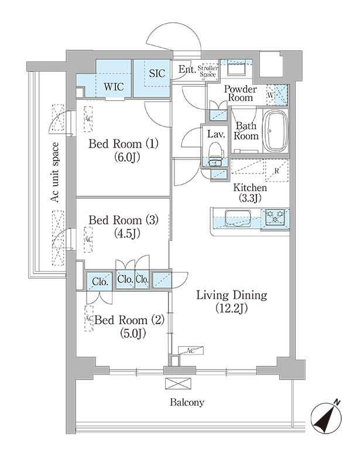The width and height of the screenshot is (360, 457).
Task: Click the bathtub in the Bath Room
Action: tap(274, 131)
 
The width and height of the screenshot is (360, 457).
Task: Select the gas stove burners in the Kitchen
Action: tap(275, 218)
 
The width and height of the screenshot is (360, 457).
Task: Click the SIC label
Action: tap(157, 74)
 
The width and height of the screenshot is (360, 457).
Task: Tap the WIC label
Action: tap(114, 86)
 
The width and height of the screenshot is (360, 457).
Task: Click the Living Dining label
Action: tap(231, 295)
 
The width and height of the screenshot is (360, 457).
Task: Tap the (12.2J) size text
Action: tap(231, 309)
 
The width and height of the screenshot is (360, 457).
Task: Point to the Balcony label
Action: tap(187, 403)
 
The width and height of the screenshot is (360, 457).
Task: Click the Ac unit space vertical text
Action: tap(54, 173)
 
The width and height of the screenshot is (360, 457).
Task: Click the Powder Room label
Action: tap(239, 93)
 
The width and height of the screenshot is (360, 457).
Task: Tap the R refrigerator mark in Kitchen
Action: tap(276, 171)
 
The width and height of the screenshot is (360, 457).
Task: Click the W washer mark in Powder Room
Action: tap(270, 94)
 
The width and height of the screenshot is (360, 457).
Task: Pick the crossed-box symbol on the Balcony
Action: tap(174, 383)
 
